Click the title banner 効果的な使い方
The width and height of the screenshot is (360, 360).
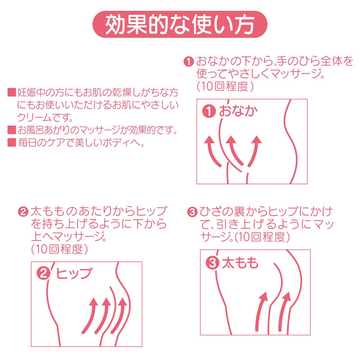click(180, 24)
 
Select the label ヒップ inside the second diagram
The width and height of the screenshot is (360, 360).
click(74, 273)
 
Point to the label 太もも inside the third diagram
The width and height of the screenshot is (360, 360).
click(240, 263)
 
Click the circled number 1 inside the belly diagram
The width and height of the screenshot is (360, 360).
click(209, 111)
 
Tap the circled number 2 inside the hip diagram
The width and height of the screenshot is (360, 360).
click(44, 274)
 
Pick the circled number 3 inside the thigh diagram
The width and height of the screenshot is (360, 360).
click(212, 263)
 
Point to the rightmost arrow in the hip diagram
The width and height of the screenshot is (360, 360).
click(121, 317)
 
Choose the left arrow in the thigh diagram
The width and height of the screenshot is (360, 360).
click(260, 312)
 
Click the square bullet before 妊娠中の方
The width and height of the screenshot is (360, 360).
click(12, 92)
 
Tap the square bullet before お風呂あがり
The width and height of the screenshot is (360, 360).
click(12, 130)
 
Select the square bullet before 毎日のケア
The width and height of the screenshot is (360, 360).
click(12, 142)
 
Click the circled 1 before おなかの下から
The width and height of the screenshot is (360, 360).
click(189, 62)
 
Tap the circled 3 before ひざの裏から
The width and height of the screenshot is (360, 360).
click(192, 212)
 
